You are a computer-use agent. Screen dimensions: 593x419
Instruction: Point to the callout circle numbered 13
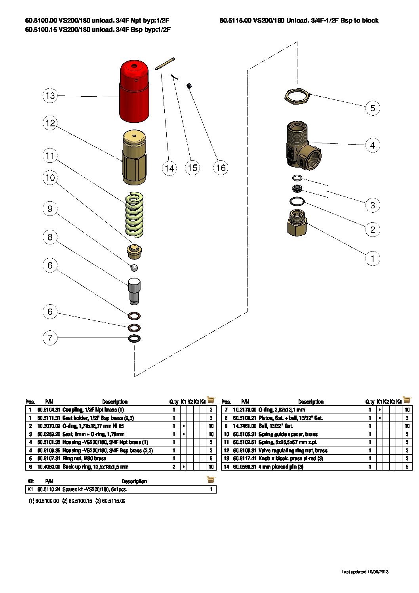click(50, 95)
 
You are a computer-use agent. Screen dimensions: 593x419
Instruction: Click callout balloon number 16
click(221, 168)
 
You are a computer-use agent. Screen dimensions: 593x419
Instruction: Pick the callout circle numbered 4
click(372, 145)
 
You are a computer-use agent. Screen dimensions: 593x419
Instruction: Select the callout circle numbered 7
click(50, 338)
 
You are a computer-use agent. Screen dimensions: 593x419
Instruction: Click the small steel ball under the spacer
click(134, 268)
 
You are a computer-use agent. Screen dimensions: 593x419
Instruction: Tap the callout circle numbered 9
click(50, 209)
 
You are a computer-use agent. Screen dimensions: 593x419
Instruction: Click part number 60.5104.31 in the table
click(49, 410)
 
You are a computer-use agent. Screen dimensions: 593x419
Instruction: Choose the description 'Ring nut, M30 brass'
click(84, 458)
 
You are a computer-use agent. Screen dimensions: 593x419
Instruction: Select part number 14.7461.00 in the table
click(245, 426)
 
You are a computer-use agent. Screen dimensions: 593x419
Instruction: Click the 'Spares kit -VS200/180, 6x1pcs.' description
click(95, 489)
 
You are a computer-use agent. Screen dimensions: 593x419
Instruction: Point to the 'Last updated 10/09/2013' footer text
click(365, 572)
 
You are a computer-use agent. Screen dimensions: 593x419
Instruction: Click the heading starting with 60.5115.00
click(299, 21)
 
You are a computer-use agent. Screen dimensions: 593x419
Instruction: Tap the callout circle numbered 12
click(50, 123)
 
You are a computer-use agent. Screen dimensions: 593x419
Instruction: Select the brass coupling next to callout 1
click(297, 223)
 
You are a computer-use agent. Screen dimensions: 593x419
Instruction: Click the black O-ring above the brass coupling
click(297, 202)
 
